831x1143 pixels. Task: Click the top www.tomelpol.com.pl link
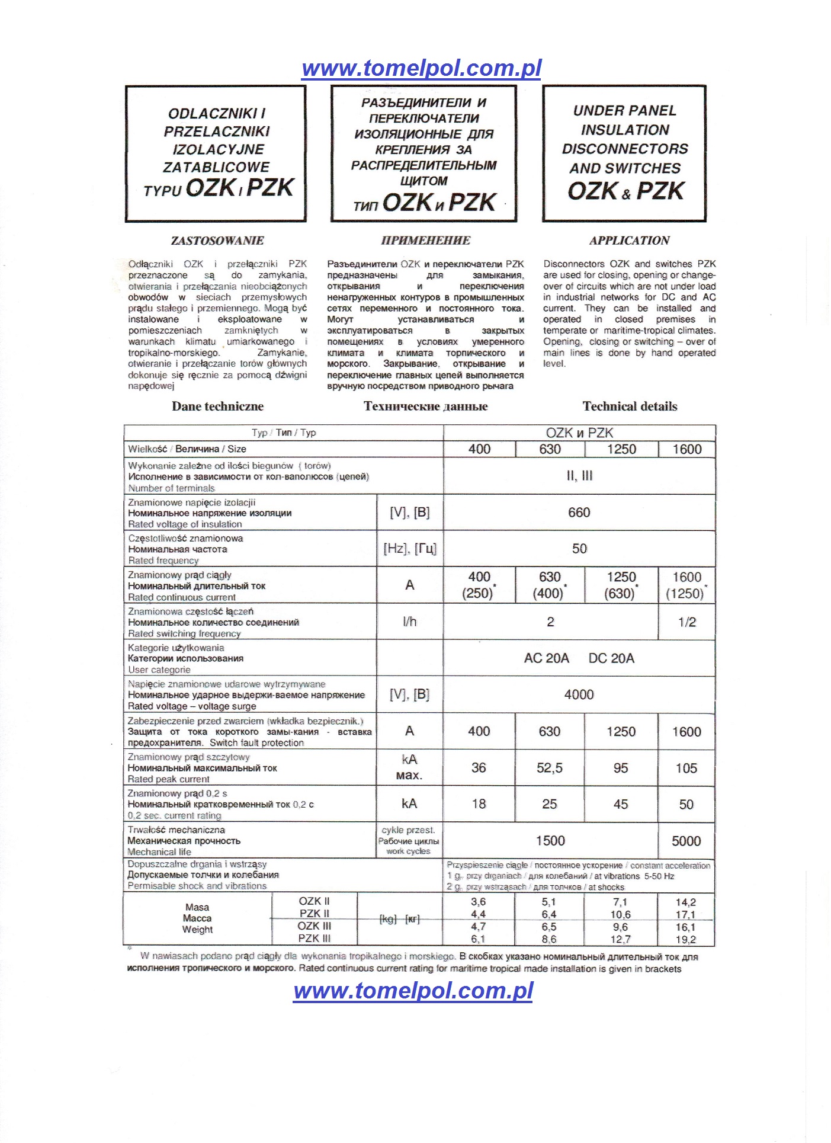coord(421,68)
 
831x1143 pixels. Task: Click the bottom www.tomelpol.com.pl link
coord(413,990)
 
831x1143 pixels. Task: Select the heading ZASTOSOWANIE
coord(217,241)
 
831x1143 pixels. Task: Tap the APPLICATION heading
coord(629,241)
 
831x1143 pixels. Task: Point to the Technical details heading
coord(630,406)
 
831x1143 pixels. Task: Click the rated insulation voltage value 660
coord(579,513)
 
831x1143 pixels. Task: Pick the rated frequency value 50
coord(579,549)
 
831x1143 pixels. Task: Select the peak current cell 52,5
coord(549,768)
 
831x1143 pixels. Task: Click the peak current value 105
coord(686,769)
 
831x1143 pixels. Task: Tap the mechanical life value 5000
coord(686,841)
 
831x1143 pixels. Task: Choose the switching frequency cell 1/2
coord(686,622)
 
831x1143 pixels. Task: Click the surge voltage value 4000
coord(579,694)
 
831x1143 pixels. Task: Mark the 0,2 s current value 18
coord(479,804)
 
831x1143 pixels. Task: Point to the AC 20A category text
coord(546,658)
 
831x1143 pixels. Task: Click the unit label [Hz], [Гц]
coord(409,549)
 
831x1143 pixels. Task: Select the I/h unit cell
coord(409,622)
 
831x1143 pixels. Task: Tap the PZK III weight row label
coord(314,938)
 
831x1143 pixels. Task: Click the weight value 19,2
coord(685,939)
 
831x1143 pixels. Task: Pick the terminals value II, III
coord(579,476)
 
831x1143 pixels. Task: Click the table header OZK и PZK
coord(579,433)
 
